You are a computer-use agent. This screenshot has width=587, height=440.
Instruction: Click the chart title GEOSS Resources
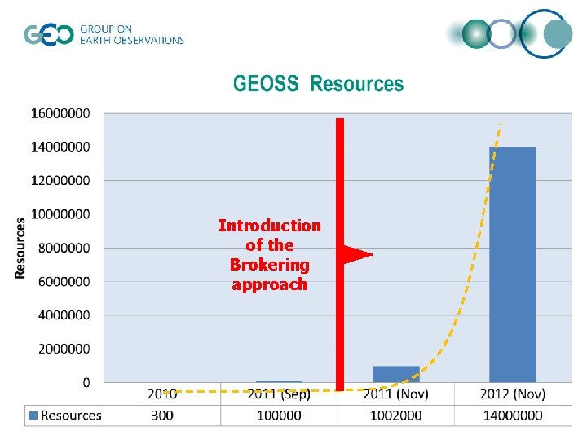318,84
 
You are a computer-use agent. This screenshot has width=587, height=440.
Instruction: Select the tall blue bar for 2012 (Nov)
513,264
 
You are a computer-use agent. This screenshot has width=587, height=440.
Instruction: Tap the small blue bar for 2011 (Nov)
396,374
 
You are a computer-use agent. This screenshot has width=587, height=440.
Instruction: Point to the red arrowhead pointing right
357,255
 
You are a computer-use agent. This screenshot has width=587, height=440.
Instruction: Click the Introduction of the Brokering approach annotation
269,254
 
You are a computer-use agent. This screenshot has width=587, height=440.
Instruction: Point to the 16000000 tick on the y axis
60,113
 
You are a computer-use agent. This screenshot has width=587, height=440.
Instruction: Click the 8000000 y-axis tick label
60,248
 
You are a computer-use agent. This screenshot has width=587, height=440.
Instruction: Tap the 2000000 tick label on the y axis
60,349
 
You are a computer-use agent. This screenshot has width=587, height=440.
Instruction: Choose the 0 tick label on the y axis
86,382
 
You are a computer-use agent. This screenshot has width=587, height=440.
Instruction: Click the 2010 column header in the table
162,394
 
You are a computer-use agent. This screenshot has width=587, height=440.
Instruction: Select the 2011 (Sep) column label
279,394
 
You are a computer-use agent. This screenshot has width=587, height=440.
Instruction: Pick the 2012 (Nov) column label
513,394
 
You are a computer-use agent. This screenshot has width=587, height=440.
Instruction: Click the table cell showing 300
162,415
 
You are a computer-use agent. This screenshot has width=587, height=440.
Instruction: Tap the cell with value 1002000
396,415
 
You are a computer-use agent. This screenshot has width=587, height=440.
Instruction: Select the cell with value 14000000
513,415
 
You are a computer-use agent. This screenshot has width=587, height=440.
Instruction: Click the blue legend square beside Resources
33,416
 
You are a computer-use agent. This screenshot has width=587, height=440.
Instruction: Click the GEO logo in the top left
48,35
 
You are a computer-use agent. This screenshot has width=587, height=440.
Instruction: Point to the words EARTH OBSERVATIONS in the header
132,40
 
